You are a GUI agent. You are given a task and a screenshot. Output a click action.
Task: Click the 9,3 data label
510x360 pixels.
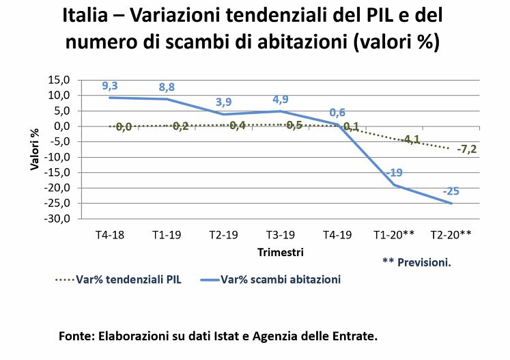[x=110, y=85]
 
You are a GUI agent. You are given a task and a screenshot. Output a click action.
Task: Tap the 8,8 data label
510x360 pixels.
[x=167, y=87]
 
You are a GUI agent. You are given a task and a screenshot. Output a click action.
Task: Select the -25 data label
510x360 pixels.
[x=451, y=191]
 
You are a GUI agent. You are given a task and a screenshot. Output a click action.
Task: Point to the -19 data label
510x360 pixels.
[x=395, y=172]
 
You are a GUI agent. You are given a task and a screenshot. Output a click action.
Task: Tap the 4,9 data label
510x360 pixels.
[x=281, y=99]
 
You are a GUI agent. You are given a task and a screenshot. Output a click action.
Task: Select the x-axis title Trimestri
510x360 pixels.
[x=281, y=252]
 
